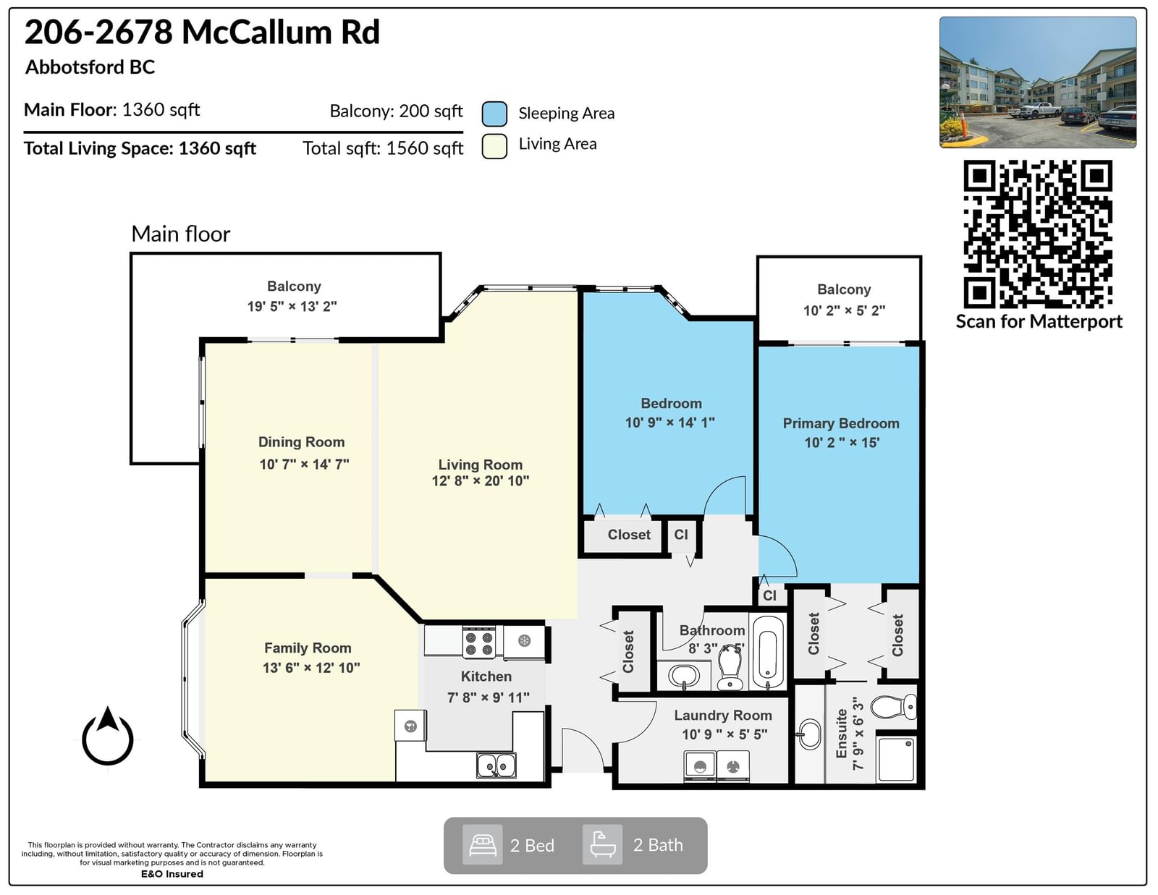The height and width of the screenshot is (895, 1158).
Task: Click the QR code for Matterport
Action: tap(1037, 234)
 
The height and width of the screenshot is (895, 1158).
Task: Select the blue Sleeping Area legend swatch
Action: tap(494, 114)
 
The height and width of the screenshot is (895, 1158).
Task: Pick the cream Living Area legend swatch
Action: tap(494, 145)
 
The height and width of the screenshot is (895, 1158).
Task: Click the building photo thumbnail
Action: tap(1038, 82)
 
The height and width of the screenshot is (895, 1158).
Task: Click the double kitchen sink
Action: tap(496, 765)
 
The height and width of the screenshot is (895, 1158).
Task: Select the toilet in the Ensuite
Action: tap(894, 707)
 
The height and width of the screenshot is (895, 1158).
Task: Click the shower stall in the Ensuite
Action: tap(896, 760)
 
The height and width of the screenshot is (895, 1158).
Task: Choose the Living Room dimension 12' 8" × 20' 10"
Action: tap(480, 481)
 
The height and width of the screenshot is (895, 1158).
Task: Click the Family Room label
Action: tap(308, 648)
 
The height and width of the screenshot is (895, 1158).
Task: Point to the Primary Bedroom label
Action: tap(841, 423)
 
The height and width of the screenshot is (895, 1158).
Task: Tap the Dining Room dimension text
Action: tap(304, 464)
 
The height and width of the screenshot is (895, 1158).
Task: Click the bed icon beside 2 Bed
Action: tap(482, 845)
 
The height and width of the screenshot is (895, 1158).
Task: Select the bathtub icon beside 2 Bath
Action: tap(602, 845)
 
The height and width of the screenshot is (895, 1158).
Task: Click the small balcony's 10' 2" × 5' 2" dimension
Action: tap(844, 310)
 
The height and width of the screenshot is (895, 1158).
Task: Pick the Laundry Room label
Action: tap(722, 715)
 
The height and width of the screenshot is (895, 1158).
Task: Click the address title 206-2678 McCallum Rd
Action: tap(202, 32)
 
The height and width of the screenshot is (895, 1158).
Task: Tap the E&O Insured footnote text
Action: tap(172, 874)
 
